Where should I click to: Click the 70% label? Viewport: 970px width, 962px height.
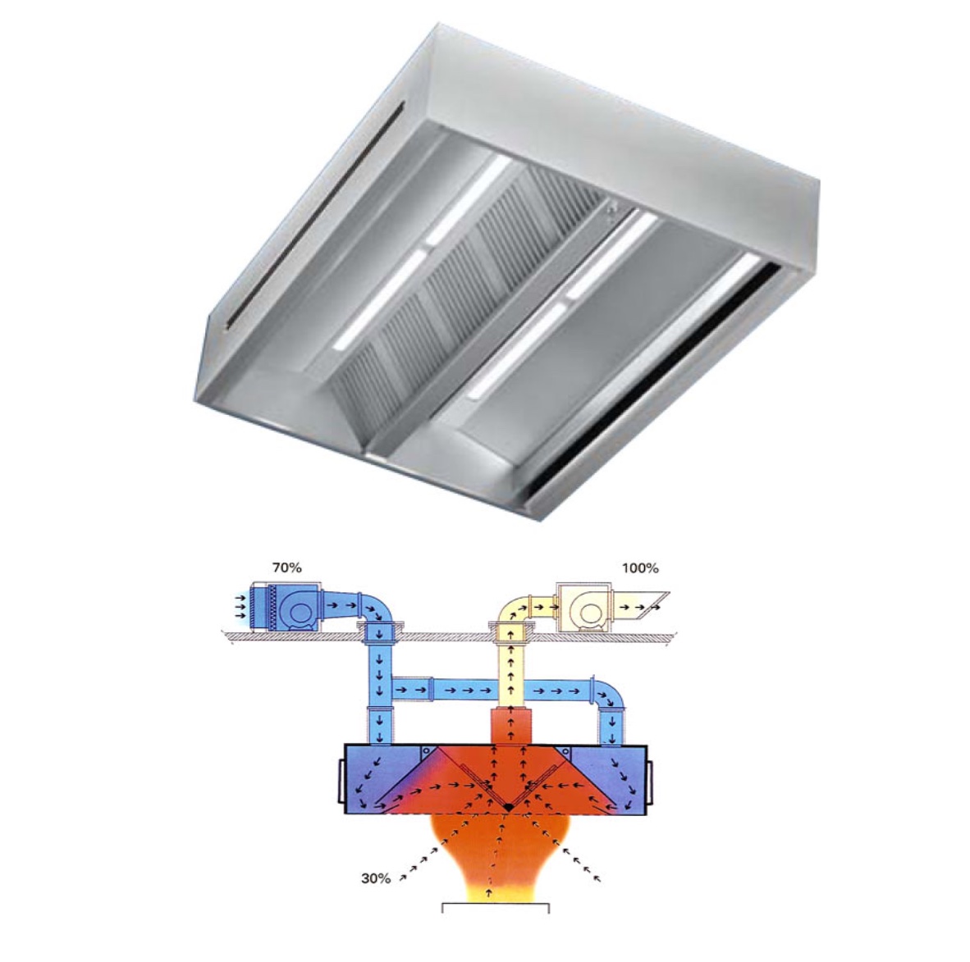pyautogui.click(x=287, y=568)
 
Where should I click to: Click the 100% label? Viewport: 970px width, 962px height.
pyautogui.click(x=640, y=568)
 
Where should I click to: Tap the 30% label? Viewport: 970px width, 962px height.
pyautogui.click(x=376, y=878)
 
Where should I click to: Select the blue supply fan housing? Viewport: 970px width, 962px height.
pyautogui.click(x=286, y=607)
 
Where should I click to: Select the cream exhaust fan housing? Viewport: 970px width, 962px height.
pyautogui.click(x=582, y=607)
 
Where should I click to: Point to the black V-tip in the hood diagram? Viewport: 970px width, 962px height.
pyautogui.click(x=508, y=808)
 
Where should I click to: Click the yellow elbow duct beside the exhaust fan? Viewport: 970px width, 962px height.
pyautogui.click(x=514, y=611)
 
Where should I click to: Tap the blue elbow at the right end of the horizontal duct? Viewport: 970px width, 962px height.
pyautogui.click(x=610, y=695)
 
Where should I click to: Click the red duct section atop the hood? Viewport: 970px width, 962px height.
pyautogui.click(x=510, y=726)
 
